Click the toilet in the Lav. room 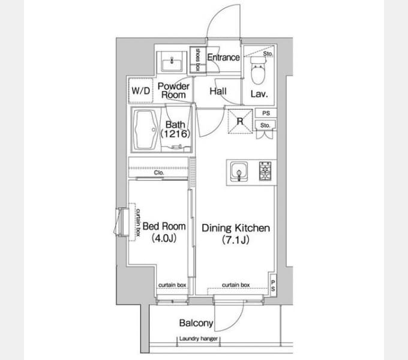[258, 70]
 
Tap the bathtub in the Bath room [145, 130]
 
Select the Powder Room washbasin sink [172, 62]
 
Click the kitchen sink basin [239, 172]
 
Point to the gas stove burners [265, 171]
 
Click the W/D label [141, 91]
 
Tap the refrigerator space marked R [240, 121]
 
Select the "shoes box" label [197, 59]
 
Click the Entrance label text [224, 57]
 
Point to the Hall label [218, 91]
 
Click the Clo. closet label [159, 173]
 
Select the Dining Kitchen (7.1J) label [236, 233]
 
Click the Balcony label [196, 323]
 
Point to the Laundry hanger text [199, 338]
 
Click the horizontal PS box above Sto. [266, 113]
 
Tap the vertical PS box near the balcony [273, 286]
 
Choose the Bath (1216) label [175, 129]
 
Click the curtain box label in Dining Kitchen [236, 285]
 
